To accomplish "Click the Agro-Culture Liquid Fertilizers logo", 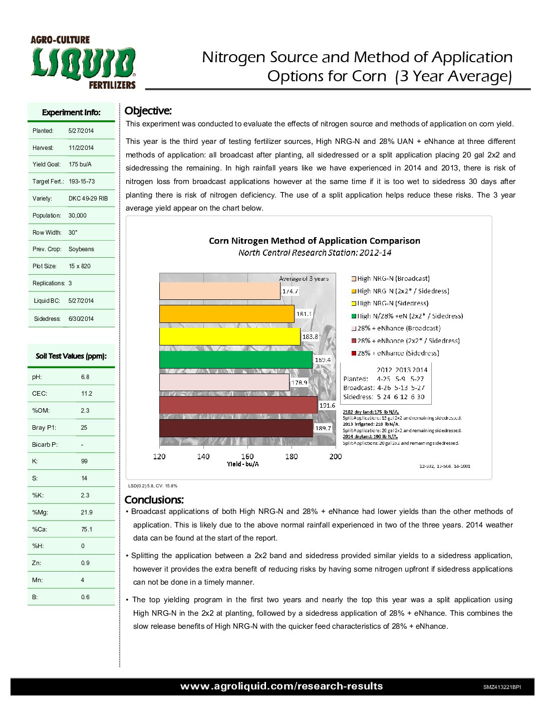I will click(x=83, y=62).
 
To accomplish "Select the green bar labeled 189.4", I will click(x=235, y=360).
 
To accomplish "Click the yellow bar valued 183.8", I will click(x=229, y=336).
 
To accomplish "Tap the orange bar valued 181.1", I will click(x=226, y=314).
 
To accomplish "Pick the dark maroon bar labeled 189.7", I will click(x=236, y=428).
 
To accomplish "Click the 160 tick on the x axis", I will click(x=247, y=456).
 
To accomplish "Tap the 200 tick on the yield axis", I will click(x=336, y=456).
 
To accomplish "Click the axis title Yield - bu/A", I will click(x=242, y=464).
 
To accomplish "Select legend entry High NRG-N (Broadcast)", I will click(x=393, y=279).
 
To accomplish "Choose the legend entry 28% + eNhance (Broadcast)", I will click(x=398, y=328).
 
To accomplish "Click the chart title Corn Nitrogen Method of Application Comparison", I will click(x=314, y=241).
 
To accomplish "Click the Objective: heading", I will click(x=148, y=111).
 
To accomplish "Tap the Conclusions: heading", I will click(x=154, y=500).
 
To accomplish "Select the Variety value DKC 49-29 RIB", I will click(x=88, y=199).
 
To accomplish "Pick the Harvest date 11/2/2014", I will click(x=81, y=148).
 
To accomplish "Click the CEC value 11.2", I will click(x=87, y=394).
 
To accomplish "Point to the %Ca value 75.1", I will click(x=87, y=529).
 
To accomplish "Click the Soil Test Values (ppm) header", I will click(x=71, y=356).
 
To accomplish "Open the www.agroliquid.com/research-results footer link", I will click(x=282, y=686).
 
